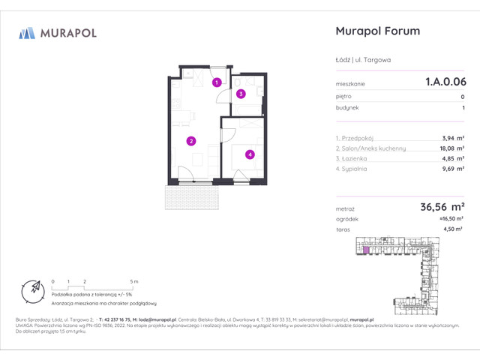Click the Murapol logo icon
(x=28, y=32)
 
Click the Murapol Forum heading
(x=376, y=31)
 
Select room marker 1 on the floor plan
(x=216, y=82)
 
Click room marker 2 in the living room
(x=192, y=140)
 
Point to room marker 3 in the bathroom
(x=240, y=94)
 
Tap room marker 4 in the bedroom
(x=250, y=154)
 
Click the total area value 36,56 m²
(x=440, y=207)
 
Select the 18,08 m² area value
(x=450, y=148)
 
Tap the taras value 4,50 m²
(x=452, y=231)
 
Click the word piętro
(x=344, y=97)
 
